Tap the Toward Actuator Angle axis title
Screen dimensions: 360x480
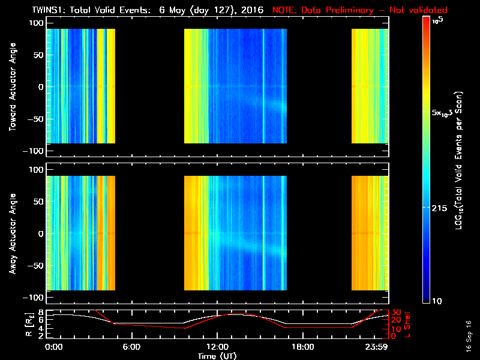click(x=11, y=87)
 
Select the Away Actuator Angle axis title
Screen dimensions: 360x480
click(x=11, y=234)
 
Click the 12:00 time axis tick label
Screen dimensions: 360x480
click(x=217, y=347)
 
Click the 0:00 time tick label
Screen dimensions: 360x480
click(x=53, y=347)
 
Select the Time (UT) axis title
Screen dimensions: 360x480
click(x=217, y=356)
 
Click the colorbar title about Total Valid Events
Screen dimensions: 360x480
click(x=458, y=162)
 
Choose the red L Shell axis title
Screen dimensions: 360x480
click(x=407, y=324)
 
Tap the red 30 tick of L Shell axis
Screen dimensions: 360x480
click(x=395, y=312)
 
